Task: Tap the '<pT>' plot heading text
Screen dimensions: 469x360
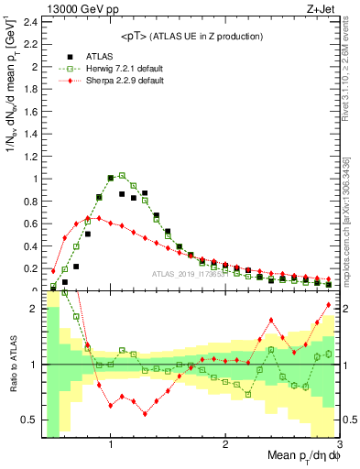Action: coord(191,36)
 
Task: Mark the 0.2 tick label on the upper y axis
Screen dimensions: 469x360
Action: coord(29,268)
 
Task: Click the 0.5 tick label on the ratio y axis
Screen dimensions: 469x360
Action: coord(29,420)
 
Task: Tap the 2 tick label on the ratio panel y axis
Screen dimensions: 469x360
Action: coord(33,309)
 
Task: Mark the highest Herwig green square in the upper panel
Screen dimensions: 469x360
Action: coord(122,175)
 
